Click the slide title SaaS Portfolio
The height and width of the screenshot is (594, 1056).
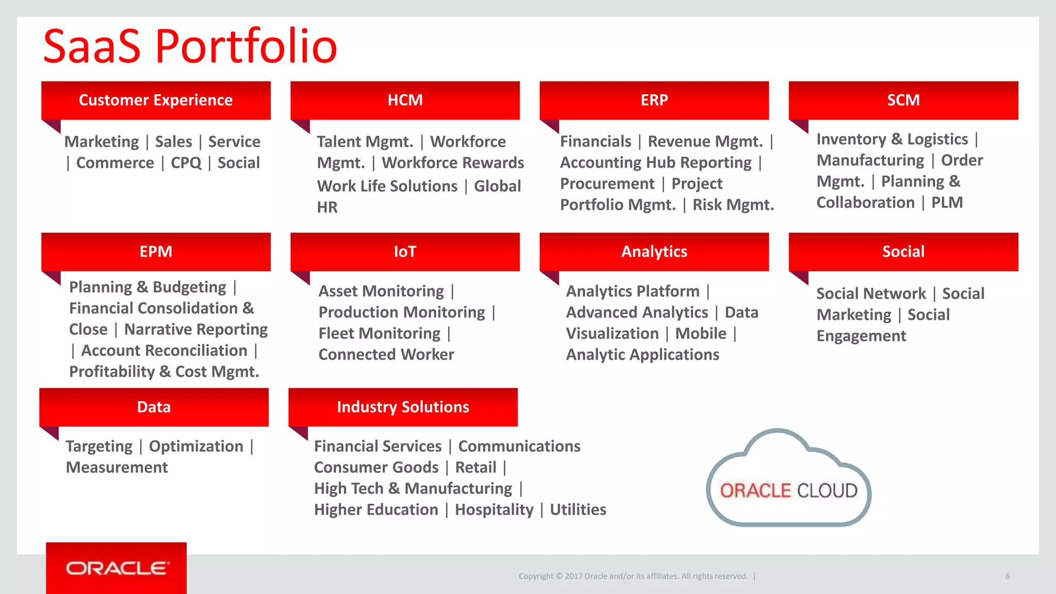pos(190,46)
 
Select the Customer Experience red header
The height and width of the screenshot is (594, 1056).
pos(156,100)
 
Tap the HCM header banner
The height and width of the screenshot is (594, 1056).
pos(405,100)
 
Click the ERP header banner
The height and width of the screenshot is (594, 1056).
pos(654,100)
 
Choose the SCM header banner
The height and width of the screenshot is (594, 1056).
pos(903,100)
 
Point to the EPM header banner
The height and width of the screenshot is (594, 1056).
pos(156,252)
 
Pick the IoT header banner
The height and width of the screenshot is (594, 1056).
pos(405,252)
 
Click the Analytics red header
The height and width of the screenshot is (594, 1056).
pos(654,252)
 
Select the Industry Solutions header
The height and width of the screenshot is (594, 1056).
pos(403,407)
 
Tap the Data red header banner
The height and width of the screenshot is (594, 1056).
pos(154,407)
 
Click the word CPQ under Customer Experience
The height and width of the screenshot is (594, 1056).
pos(186,163)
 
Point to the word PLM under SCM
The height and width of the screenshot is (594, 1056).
pos(947,203)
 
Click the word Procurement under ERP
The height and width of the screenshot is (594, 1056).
pos(607,184)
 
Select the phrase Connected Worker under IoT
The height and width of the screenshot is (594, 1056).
pos(386,355)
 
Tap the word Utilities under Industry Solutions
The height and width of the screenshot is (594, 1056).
pos(577,509)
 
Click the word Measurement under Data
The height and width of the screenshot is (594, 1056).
pos(117,467)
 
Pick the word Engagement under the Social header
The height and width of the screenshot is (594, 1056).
pos(861,336)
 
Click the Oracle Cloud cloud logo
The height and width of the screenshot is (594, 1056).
pos(788,485)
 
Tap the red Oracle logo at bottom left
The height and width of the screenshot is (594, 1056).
pos(117,568)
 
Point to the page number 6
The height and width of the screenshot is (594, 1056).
pos(1007,576)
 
